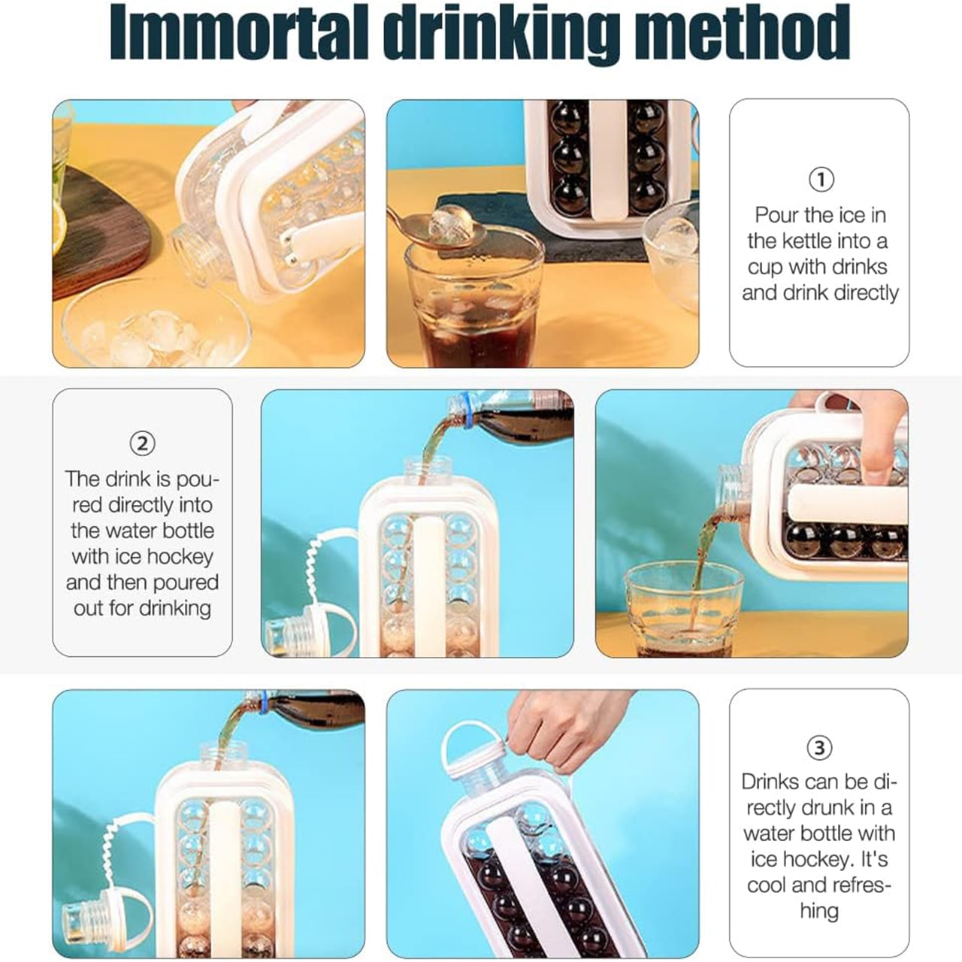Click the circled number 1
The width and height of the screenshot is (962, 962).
[821, 180]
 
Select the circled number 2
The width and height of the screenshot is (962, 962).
[142, 443]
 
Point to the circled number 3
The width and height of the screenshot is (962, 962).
[819, 747]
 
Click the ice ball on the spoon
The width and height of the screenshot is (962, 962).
[449, 223]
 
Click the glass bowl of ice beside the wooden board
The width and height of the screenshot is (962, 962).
[156, 325]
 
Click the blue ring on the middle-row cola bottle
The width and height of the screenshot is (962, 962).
[466, 410]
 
